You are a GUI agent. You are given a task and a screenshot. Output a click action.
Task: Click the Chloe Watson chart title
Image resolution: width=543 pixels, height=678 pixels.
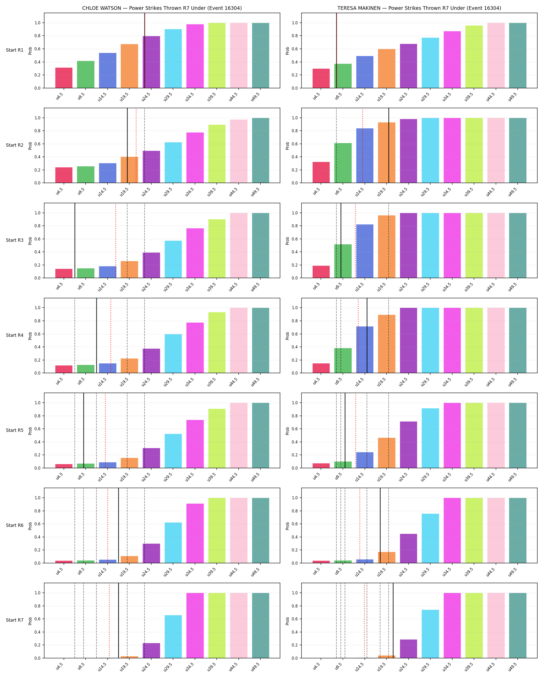[162, 8]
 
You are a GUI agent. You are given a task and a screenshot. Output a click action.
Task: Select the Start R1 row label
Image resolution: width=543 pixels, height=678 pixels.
[14, 50]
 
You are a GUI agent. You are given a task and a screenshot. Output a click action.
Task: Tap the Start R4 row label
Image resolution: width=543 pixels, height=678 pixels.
[14, 335]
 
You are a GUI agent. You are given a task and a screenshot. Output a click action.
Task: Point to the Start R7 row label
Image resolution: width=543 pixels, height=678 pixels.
[14, 620]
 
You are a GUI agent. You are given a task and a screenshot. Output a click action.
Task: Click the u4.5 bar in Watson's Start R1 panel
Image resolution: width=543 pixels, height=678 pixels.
[64, 78]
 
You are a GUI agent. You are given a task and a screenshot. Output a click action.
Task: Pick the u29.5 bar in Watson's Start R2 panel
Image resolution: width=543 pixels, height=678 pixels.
[173, 162]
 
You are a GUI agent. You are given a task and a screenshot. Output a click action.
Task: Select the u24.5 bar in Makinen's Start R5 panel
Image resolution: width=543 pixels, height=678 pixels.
[408, 445]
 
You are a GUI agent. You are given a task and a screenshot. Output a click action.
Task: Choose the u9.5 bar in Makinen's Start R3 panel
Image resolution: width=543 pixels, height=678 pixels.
[343, 261]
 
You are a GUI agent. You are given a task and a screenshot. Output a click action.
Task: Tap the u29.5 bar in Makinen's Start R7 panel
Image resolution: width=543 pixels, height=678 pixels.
[430, 634]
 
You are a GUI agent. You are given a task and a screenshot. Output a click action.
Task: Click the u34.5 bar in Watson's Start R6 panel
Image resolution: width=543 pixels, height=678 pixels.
[195, 533]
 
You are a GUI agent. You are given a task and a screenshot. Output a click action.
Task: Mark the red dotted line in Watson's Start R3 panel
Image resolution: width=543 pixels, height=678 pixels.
[116, 240]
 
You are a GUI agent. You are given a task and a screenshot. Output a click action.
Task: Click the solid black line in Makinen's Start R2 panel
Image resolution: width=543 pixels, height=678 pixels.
[389, 145]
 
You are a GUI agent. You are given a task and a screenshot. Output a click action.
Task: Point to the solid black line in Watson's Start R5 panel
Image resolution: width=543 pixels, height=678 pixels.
[84, 431]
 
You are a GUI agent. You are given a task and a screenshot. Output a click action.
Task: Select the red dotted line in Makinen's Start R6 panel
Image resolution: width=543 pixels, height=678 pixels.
[360, 525]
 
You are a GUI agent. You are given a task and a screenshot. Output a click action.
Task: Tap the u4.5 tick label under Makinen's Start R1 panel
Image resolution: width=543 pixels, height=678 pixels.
[316, 96]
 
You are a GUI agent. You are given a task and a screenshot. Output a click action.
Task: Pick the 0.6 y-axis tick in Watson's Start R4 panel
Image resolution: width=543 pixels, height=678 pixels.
[37, 334]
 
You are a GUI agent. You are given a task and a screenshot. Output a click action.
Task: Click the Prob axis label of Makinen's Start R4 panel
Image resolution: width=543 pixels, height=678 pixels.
[287, 336]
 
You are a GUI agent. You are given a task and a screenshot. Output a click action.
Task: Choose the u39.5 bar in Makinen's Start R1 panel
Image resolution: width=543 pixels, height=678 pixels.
[474, 57]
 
